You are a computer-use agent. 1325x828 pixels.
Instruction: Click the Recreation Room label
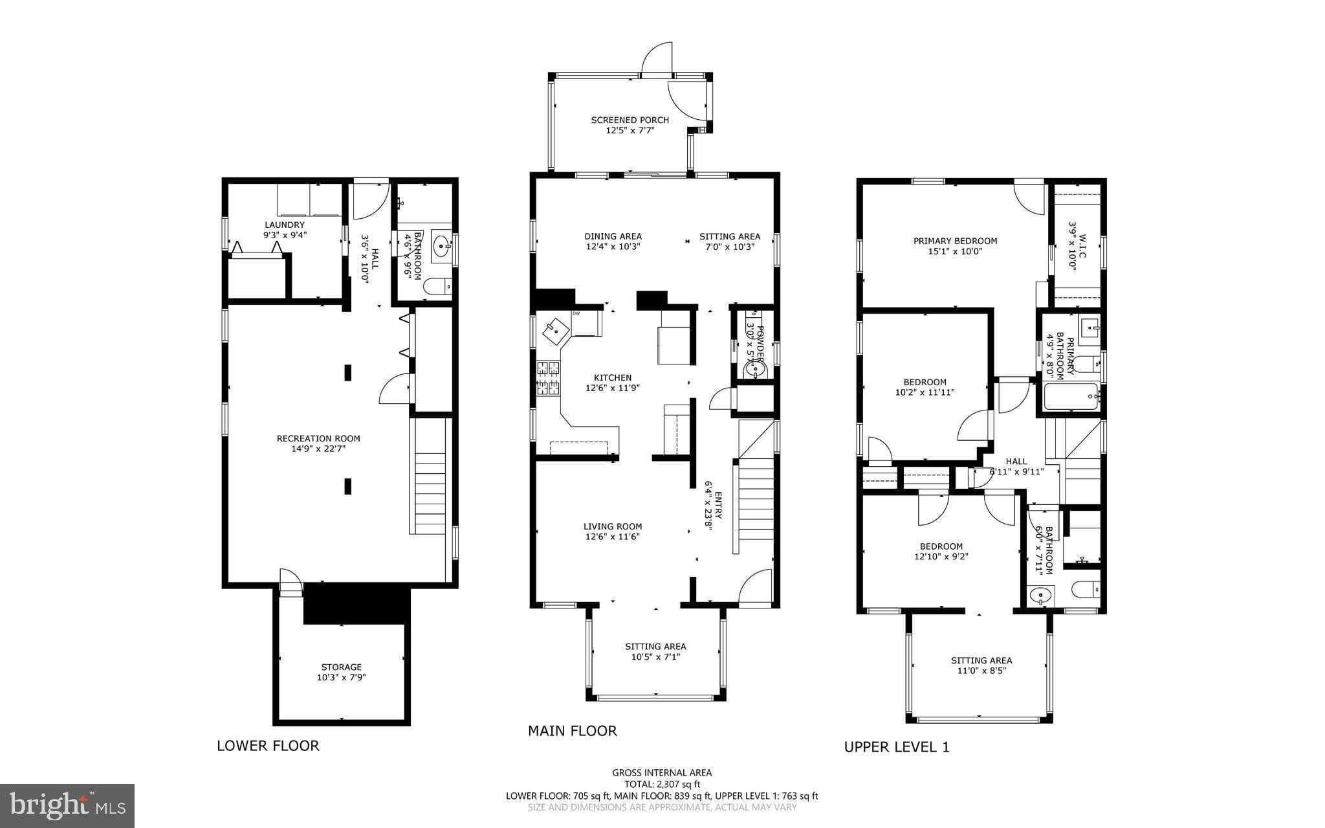[318, 438]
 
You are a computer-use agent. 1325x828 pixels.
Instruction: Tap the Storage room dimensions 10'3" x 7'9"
[342, 677]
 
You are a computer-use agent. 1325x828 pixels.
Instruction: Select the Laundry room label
[284, 225]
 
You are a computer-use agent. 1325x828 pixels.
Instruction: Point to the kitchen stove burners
[549, 379]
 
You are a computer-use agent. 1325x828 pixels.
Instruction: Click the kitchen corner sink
[555, 331]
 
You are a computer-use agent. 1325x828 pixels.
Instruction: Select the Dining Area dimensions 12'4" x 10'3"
[613, 247]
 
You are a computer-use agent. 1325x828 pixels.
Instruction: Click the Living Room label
[613, 526]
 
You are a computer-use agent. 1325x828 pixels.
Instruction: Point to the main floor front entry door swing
[756, 588]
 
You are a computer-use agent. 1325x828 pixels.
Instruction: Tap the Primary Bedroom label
[955, 241]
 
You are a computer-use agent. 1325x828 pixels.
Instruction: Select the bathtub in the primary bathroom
[1070, 396]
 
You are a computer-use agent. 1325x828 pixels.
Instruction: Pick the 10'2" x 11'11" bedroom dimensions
[925, 392]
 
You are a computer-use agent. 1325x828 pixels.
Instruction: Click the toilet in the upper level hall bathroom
[1085, 589]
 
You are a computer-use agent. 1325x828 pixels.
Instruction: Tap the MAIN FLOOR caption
[572, 731]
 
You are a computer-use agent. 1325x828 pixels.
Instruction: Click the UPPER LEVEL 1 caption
[896, 746]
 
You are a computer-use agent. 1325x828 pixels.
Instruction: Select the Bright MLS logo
[67, 805]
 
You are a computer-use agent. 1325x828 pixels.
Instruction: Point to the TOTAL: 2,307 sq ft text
[662, 784]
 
